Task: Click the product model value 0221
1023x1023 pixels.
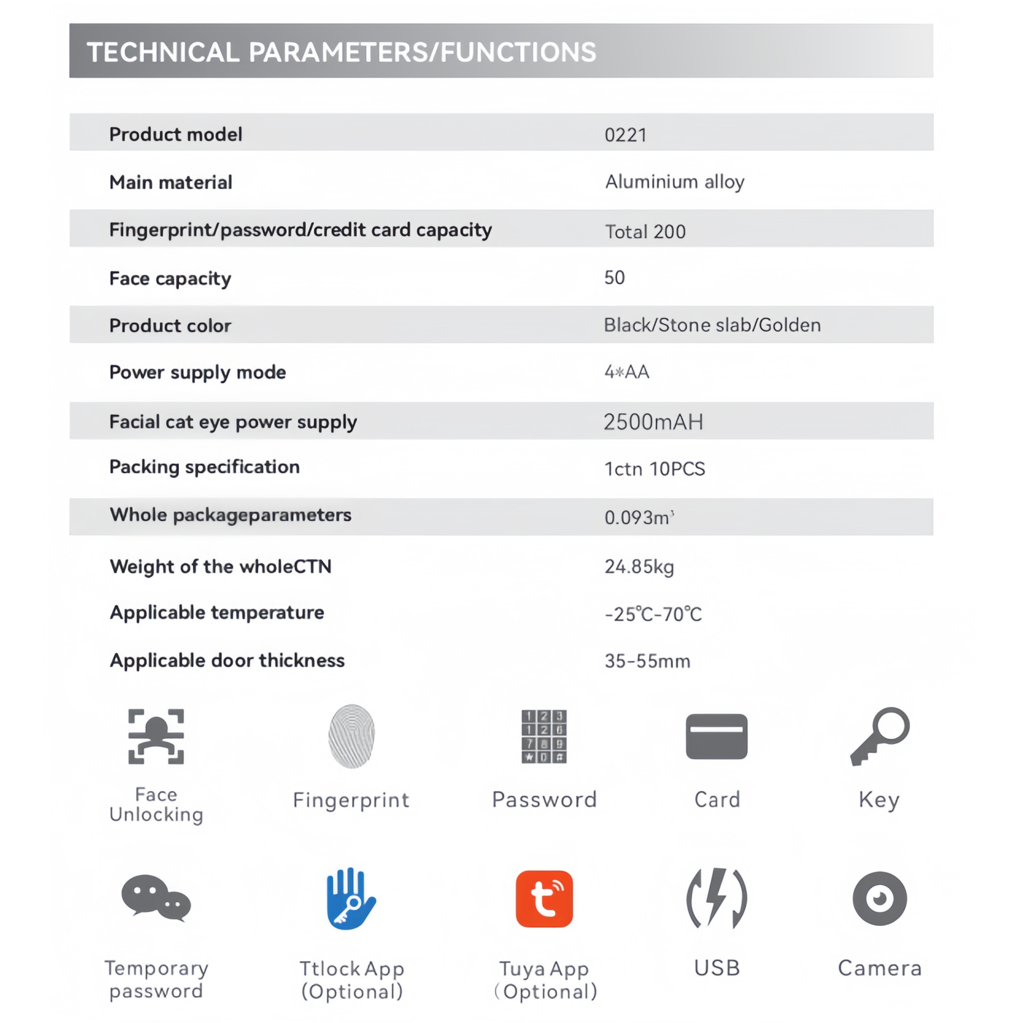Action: pyautogui.click(x=625, y=135)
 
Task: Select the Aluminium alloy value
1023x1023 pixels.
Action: pyautogui.click(x=675, y=182)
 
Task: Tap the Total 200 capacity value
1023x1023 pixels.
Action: pyautogui.click(x=645, y=231)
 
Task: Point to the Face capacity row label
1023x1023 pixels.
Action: pyautogui.click(x=170, y=278)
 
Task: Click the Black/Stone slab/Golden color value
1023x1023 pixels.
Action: pyautogui.click(x=712, y=325)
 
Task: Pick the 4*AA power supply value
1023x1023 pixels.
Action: pyautogui.click(x=627, y=372)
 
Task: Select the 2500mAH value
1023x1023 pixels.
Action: pyautogui.click(x=653, y=422)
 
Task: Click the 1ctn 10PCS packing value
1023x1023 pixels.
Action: pyautogui.click(x=654, y=469)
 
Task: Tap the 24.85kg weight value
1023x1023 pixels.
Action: pyautogui.click(x=639, y=567)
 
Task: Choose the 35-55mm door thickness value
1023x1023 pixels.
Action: pyautogui.click(x=647, y=661)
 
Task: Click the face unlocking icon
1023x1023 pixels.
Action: pyautogui.click(x=156, y=736)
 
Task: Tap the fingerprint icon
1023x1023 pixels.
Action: pyautogui.click(x=351, y=736)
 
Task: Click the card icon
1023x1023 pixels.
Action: pyautogui.click(x=716, y=736)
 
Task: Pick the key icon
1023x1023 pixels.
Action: pyautogui.click(x=880, y=736)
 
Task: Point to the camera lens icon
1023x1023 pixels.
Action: pyautogui.click(x=880, y=898)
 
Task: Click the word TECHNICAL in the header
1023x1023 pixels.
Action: pyautogui.click(x=163, y=52)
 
